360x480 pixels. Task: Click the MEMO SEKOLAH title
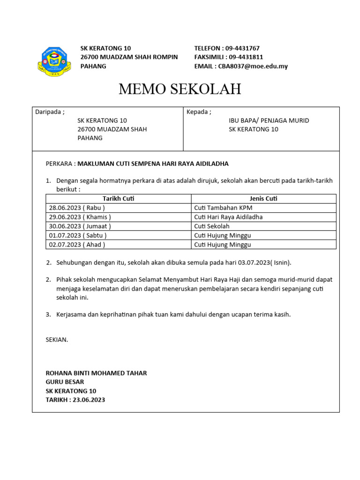[x=180, y=89]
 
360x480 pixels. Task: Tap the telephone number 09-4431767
[x=242, y=48]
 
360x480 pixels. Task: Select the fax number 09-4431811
[x=246, y=57]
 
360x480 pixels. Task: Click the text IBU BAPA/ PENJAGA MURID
[x=269, y=120]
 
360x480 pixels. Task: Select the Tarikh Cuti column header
[x=119, y=199]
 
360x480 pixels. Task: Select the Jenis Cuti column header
[x=264, y=199]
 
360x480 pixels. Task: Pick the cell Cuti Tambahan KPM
[x=223, y=208]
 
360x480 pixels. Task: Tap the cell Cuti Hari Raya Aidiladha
[x=228, y=217]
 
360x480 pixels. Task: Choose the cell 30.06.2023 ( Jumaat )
[x=80, y=226]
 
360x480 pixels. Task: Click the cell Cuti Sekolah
[x=212, y=226]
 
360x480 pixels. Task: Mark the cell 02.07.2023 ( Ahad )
[x=77, y=244]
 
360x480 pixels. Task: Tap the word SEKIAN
[x=57, y=339]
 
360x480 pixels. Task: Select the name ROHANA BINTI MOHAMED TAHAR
[x=96, y=373]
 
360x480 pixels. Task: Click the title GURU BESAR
[x=65, y=382]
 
